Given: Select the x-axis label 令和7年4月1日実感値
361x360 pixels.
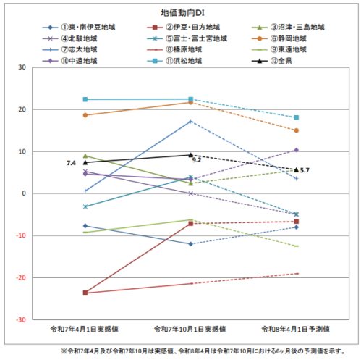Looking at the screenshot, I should click(85, 329).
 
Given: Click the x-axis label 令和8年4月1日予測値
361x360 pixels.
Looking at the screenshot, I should click(297, 329).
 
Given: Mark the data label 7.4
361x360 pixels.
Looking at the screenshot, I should click(72, 164).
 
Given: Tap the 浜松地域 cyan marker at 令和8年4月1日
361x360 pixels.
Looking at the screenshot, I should click(297, 117).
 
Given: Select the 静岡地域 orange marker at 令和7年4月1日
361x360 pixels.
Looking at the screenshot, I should click(85, 115).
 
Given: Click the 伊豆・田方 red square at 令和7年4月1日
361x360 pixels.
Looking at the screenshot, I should click(85, 293).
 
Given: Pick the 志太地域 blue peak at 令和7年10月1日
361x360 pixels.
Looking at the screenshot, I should click(191, 121).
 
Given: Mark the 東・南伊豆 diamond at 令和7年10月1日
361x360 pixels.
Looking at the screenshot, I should click(191, 244).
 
